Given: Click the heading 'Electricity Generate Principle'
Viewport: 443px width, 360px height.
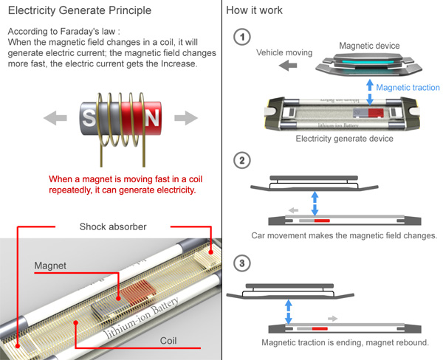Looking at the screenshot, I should coord(80,11).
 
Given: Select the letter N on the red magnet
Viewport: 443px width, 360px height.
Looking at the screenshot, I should coord(151,118).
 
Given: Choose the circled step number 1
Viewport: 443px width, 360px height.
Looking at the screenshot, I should coord(240,37).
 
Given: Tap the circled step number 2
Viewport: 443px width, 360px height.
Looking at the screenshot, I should coord(240,160).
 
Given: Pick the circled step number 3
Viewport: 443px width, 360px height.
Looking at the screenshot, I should coord(240,262).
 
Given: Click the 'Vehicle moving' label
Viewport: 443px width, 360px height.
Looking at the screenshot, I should coord(284,53).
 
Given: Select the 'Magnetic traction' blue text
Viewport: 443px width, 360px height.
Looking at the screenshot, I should coord(408,88).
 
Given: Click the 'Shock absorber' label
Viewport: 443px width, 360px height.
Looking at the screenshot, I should coord(113,226).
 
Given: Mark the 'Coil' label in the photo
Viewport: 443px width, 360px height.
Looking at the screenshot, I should coord(171,340).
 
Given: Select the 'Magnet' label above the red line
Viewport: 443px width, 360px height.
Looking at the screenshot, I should coord(49,264).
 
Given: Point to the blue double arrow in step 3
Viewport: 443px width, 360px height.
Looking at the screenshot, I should coord(288,310).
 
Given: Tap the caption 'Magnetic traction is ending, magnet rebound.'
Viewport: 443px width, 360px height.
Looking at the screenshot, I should coord(345,343).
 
